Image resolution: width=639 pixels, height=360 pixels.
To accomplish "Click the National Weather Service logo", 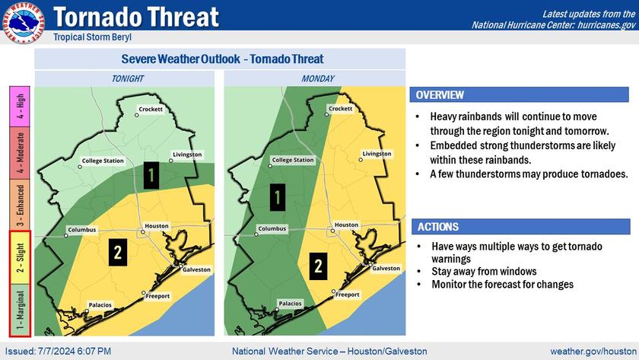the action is coord(22,22).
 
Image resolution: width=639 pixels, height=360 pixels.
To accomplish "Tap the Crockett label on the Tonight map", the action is coord(151,110).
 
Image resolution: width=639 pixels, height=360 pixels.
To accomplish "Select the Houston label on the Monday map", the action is coord(346,225).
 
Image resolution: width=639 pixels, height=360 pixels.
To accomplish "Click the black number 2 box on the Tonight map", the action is coord(118,253).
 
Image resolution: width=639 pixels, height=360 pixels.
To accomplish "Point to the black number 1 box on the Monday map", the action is coord(278,197).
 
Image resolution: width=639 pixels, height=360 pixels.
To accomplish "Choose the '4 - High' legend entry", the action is coord(20,107).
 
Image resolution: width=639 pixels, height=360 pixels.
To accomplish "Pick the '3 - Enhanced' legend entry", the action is coord(20,205).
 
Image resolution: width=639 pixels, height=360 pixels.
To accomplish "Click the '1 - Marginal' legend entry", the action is coord(20,310).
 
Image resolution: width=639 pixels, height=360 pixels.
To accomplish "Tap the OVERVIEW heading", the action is coord(440,95).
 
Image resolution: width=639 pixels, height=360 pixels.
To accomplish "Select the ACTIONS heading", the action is coord(437,227).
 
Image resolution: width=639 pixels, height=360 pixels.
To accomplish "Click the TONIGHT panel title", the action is coord(128,78).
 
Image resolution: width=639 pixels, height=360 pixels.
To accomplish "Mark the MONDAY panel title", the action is coord(318,78).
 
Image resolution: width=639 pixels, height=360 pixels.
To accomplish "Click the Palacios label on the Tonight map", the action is coord(100,305).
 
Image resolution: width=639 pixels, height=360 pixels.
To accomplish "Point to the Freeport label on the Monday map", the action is coord(347,295).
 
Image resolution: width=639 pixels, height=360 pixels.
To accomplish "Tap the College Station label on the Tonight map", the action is coord(103,161).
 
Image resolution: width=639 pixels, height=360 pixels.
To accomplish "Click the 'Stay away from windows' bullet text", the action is coord(484,271).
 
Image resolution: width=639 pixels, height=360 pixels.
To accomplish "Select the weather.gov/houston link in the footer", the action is coord(593,351).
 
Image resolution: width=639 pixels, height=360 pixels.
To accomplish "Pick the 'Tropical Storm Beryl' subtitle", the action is coord(93,37).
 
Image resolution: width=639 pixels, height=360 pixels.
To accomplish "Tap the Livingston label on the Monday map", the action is coord(377,154).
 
